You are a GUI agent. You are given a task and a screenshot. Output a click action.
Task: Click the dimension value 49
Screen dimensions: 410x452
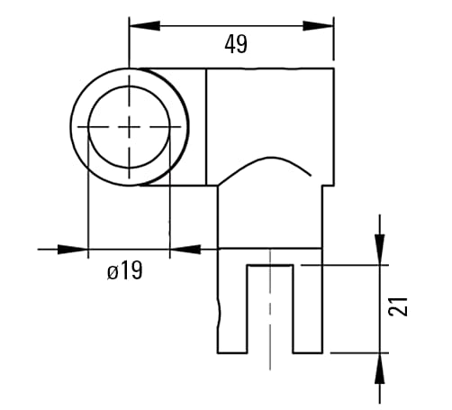pyautogui.click(x=235, y=44)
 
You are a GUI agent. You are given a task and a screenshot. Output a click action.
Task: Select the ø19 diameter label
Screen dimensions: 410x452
pyautogui.click(x=124, y=270)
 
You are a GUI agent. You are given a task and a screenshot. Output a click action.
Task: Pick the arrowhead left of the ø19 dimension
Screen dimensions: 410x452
pyautogui.click(x=72, y=248)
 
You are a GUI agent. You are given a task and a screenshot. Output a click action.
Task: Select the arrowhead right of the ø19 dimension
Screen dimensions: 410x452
pyautogui.click(x=185, y=248)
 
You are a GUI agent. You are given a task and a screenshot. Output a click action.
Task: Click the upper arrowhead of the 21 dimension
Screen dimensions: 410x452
pyautogui.click(x=380, y=249)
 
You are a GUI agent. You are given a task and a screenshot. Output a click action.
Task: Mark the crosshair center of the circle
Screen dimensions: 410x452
pyautogui.click(x=131, y=127)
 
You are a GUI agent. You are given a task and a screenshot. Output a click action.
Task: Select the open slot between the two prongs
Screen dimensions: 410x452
pyautogui.click(x=269, y=306)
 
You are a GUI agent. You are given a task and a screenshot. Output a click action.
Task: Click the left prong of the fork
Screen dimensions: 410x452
pyautogui.click(x=232, y=306)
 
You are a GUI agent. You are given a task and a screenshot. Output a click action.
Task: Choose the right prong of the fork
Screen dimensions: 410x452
pyautogui.click(x=307, y=306)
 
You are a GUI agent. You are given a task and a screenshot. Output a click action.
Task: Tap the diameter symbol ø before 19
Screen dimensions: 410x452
pyautogui.click(x=113, y=270)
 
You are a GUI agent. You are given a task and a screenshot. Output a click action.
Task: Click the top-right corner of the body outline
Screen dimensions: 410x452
pyautogui.click(x=334, y=68)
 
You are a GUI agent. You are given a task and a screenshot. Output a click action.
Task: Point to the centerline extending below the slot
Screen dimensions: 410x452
pyautogui.click(x=269, y=360)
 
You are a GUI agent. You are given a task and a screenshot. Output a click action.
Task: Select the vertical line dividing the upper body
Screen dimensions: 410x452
pyautogui.click(x=207, y=126)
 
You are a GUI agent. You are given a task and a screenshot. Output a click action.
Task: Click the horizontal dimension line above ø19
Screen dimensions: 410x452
pyautogui.click(x=126, y=248)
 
